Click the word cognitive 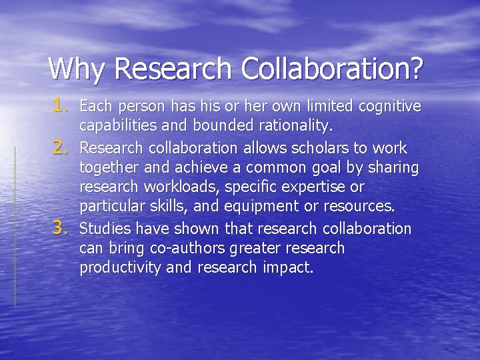(389, 106)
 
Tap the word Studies (105, 229)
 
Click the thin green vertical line (15, 233)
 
